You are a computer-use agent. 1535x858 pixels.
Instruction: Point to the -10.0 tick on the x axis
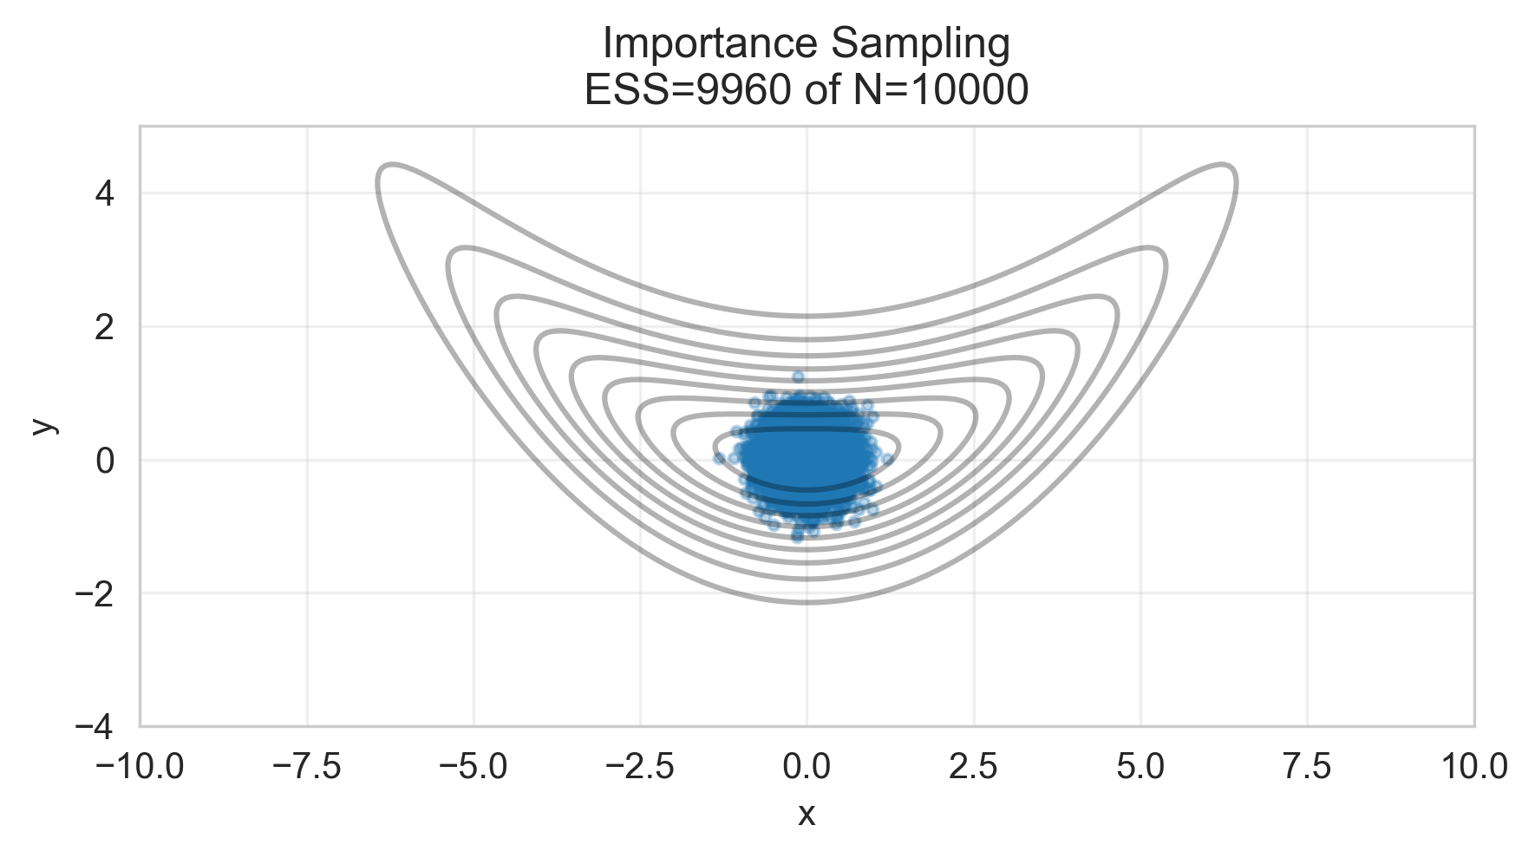140,766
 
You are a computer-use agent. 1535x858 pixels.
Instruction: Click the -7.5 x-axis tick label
307,766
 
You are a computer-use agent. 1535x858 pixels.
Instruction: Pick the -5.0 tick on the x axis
474,766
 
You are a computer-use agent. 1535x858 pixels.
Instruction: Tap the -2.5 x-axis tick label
640,766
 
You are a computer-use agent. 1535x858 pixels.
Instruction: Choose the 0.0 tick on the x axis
807,766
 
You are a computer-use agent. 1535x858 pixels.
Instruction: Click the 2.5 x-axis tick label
974,766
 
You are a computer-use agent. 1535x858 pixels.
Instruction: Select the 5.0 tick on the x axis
1140,766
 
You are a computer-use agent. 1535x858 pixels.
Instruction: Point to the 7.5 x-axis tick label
1307,766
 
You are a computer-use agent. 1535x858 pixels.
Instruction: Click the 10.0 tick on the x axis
1473,766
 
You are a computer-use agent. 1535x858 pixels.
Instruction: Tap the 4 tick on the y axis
105,193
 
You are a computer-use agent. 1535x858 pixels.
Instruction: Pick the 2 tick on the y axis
105,327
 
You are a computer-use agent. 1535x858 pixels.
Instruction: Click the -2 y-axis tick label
95,593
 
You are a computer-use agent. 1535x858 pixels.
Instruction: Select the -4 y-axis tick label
95,727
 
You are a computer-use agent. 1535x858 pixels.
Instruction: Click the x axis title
807,814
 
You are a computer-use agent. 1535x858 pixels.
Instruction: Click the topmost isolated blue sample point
798,377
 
